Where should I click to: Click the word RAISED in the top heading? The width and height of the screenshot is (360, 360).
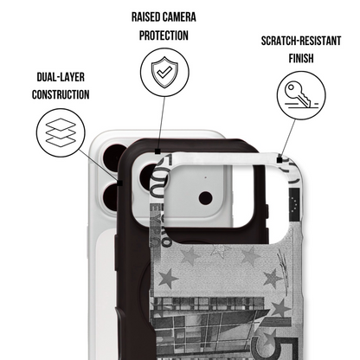pos(145,17)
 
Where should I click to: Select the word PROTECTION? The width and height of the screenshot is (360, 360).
pos(164,35)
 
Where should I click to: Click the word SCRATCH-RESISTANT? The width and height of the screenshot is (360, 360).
pos(301,41)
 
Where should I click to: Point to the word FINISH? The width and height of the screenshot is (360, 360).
pos(301,58)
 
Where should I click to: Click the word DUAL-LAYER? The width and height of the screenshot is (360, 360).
pos(61,77)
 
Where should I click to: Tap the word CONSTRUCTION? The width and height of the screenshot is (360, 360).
pos(61,94)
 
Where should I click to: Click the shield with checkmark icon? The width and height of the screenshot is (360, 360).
pos(164,72)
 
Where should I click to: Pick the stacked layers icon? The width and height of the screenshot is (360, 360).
pos(61,132)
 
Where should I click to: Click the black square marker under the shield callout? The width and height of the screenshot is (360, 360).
pos(157,151)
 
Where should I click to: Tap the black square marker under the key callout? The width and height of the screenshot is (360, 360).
pos(280,160)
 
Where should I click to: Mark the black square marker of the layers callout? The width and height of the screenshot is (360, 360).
pos(120,183)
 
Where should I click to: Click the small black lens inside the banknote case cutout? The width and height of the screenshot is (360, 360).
pos(206,198)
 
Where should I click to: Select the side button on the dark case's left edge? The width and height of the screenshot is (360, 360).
pos(116,253)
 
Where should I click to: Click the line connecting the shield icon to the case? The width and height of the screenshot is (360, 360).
pos(161,123)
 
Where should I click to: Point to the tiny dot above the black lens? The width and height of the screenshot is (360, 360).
pos(205,177)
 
